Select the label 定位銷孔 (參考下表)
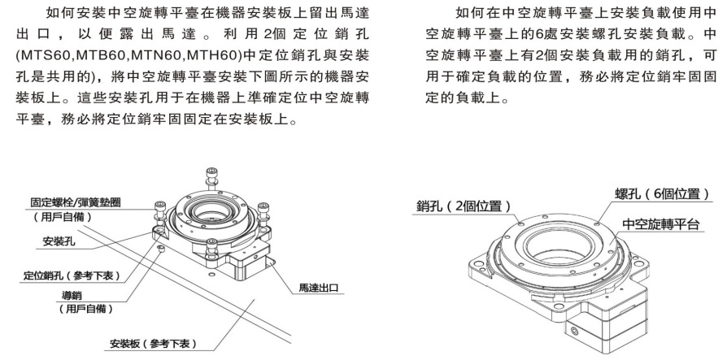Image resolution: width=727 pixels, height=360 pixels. (x=71, y=276)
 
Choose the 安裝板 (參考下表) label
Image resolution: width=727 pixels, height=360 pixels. (x=153, y=344)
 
